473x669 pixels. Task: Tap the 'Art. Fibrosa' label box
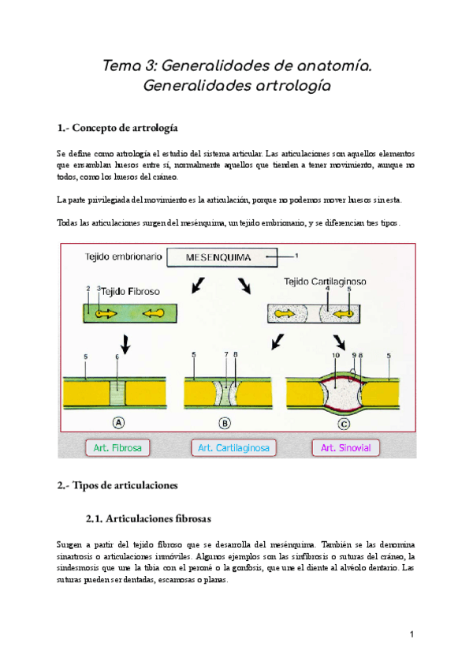pyautogui.click(x=117, y=448)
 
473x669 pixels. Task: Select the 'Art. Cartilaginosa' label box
pyautogui.click(x=233, y=448)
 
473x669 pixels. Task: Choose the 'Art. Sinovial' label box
pyautogui.click(x=345, y=448)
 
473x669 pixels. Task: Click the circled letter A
pyautogui.click(x=118, y=422)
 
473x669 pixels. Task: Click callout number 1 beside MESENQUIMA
pyautogui.click(x=297, y=256)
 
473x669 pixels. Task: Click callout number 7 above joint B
pyautogui.click(x=225, y=356)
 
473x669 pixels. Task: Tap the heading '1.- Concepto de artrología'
pyautogui.click(x=117, y=127)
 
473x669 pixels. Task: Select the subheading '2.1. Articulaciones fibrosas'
pyautogui.click(x=147, y=518)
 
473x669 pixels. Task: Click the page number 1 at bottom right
pyautogui.click(x=412, y=634)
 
